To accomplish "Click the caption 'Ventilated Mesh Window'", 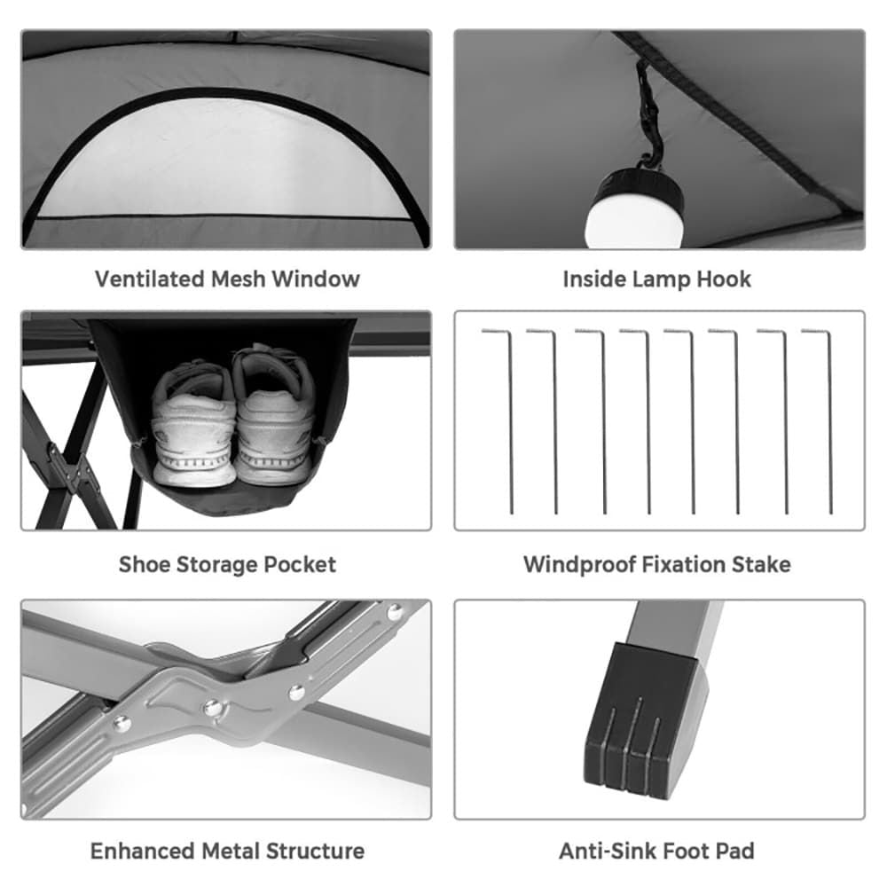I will coord(227,279).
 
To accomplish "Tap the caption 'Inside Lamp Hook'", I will coord(656,279).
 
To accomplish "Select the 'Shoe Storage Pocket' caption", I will coord(227,564).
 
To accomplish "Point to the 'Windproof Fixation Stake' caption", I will coord(656,564).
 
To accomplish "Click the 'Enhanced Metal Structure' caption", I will coord(227,852).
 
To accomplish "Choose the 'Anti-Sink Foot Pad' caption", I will coord(656,852).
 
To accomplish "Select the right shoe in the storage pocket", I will coord(273,417).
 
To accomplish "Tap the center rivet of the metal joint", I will coord(213,707).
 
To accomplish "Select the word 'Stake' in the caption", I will coord(759,564).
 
